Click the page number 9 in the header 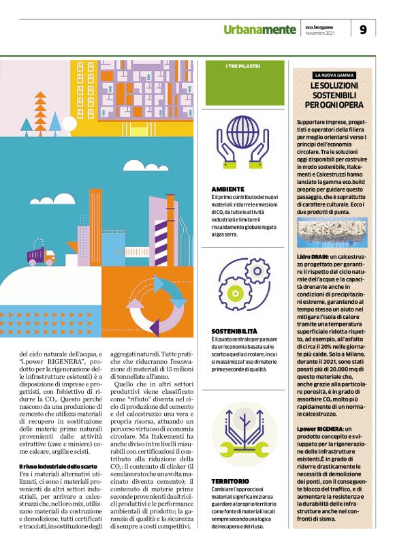click(363, 29)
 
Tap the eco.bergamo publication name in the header click(319, 26)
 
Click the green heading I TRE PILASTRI click(244, 66)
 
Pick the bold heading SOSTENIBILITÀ click(234, 330)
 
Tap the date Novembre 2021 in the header click(319, 33)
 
